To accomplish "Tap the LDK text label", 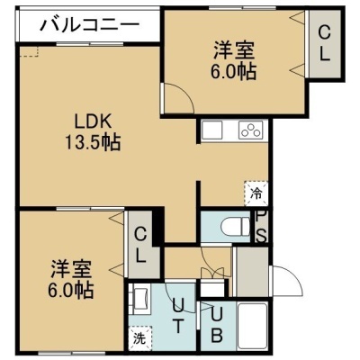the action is (x=93, y=122).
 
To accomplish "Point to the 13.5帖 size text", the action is (x=93, y=142).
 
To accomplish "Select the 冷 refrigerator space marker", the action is (x=256, y=193).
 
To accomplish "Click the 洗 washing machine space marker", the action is (x=139, y=339).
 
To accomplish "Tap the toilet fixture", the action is (x=235, y=225).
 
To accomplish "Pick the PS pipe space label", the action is (x=261, y=227).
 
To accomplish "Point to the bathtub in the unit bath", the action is (x=252, y=326).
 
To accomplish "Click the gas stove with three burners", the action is (x=251, y=130).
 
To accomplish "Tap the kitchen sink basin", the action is (x=212, y=130).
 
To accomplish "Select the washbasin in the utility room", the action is (x=139, y=299).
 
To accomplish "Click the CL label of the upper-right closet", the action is (x=324, y=43).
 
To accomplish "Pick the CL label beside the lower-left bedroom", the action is (x=139, y=245).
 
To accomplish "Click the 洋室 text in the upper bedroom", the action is (x=234, y=50).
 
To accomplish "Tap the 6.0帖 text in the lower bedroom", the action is (x=70, y=290).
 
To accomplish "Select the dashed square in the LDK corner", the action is (x=29, y=51).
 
